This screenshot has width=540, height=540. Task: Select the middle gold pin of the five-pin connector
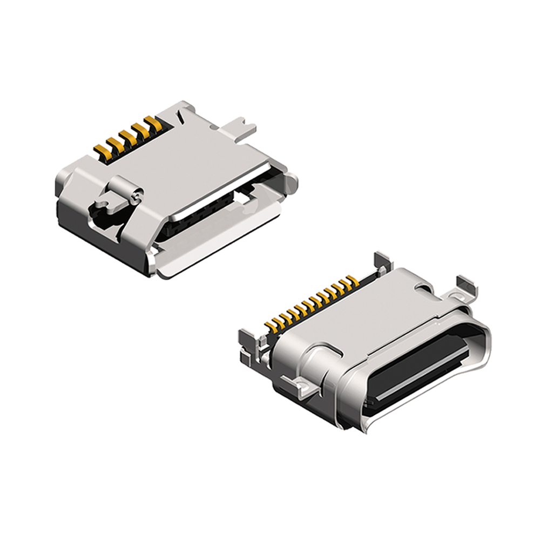coord(127,136)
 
